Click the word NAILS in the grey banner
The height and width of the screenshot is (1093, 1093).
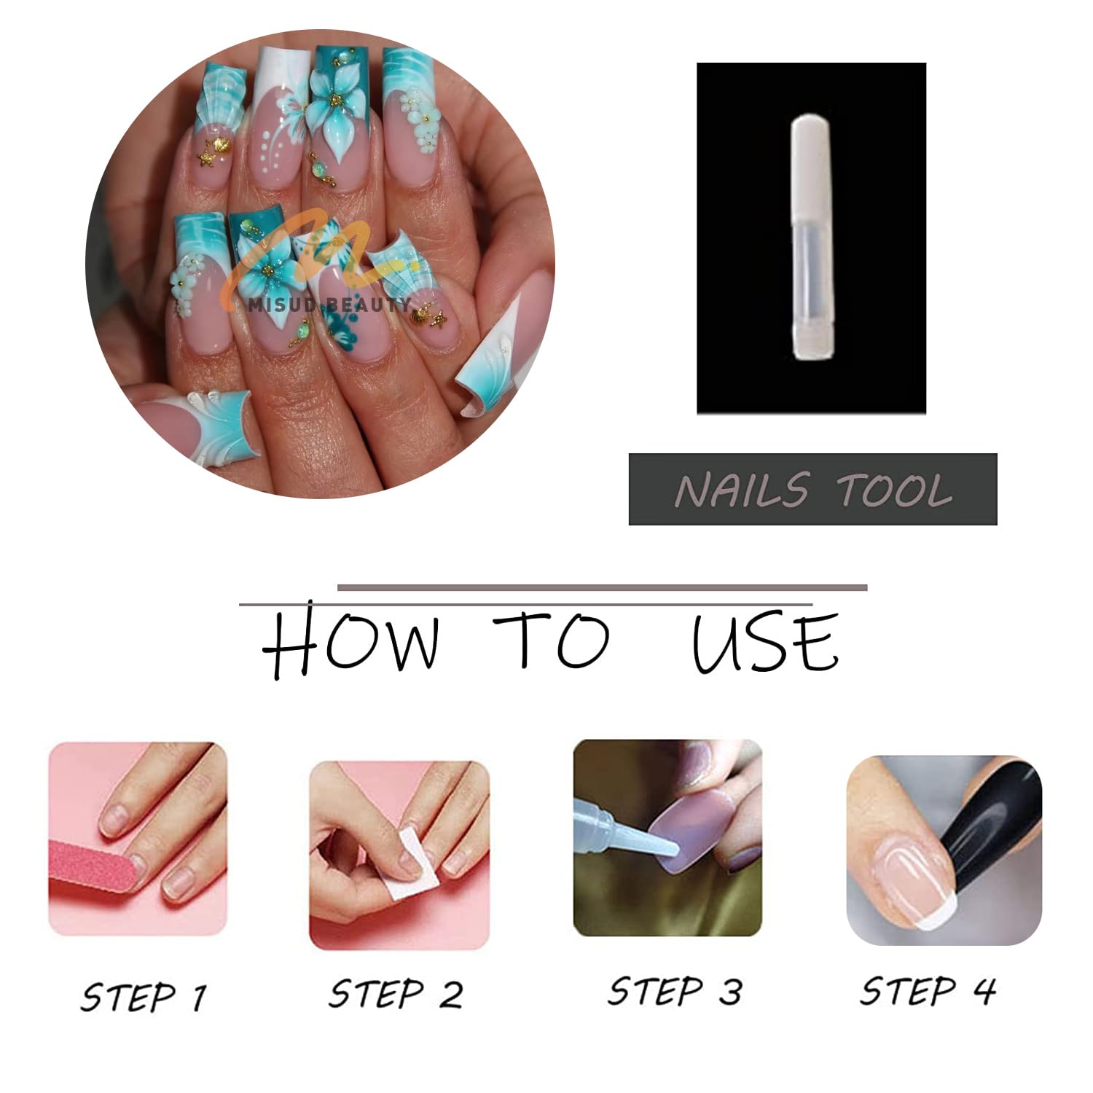[742, 490]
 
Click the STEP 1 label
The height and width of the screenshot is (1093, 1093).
[144, 996]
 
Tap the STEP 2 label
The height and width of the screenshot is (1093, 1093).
[396, 994]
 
